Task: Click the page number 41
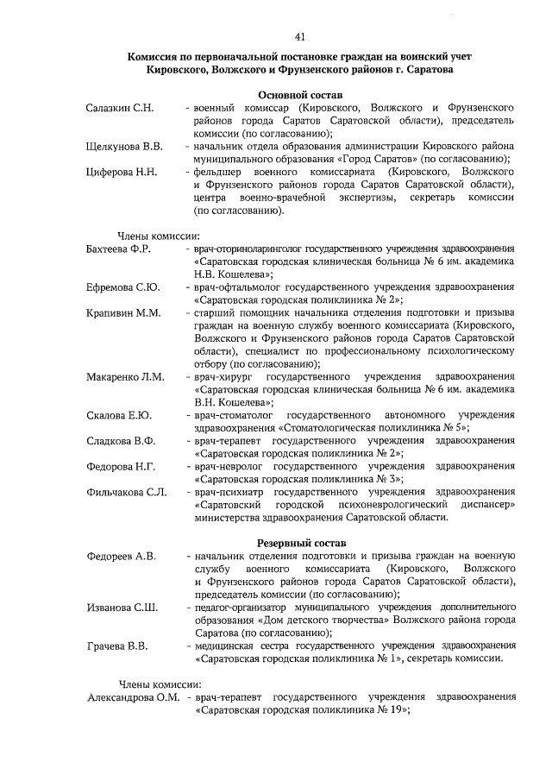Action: click(x=300, y=36)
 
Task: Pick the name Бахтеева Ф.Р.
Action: click(x=119, y=249)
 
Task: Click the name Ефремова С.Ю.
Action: click(x=122, y=287)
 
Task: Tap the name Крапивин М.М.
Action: click(x=123, y=312)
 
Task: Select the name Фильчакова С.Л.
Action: click(x=126, y=492)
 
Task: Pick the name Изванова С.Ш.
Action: click(x=122, y=608)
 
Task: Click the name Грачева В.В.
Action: click(x=117, y=646)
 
